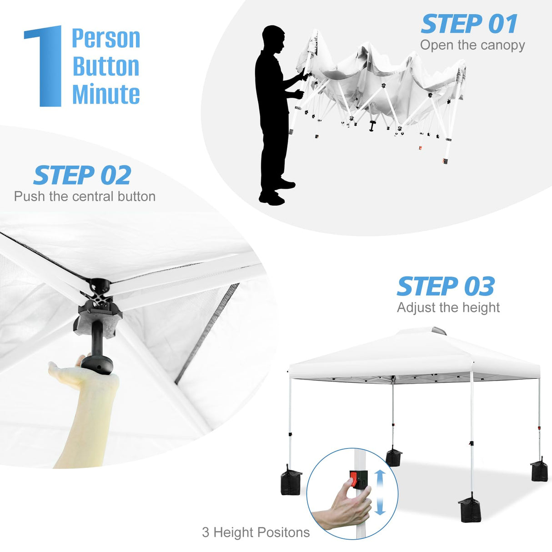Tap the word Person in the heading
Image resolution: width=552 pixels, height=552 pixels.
coord(106,39)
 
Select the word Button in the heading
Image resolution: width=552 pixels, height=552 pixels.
coord(106,66)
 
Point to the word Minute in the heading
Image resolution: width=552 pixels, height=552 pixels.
coord(106,94)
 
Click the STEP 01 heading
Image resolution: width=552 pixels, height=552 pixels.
coord(469,24)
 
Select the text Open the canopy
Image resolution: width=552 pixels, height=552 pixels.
coord(472,45)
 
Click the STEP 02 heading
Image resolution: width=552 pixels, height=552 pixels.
coord(82,176)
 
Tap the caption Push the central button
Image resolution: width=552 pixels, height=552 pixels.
coord(85,196)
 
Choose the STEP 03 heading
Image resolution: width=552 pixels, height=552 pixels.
coord(446,286)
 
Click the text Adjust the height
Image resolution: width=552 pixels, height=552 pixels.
coord(448,307)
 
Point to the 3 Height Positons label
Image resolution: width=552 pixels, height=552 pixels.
coord(256,532)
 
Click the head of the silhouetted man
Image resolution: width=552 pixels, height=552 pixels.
coord(274,39)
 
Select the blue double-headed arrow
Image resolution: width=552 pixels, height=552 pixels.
coord(380,492)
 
